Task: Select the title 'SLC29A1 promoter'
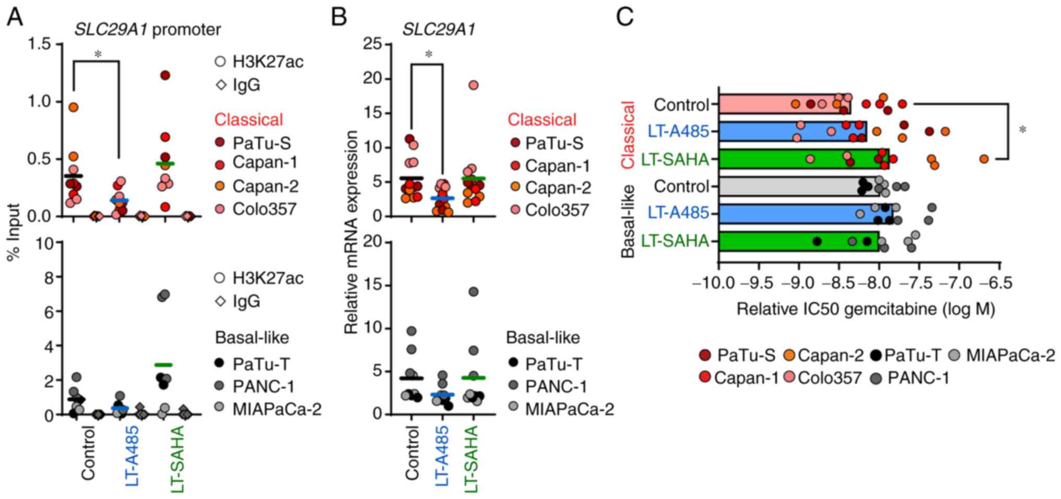[x=148, y=29]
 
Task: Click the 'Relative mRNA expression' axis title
[x=351, y=232]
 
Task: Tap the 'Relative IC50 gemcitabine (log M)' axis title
[x=865, y=309]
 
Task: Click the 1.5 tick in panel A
[x=40, y=44]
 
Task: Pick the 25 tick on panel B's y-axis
[x=373, y=44]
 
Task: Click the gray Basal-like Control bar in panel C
[x=788, y=186]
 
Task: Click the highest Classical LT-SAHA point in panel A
[x=165, y=75]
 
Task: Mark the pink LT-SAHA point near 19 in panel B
[x=473, y=85]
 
